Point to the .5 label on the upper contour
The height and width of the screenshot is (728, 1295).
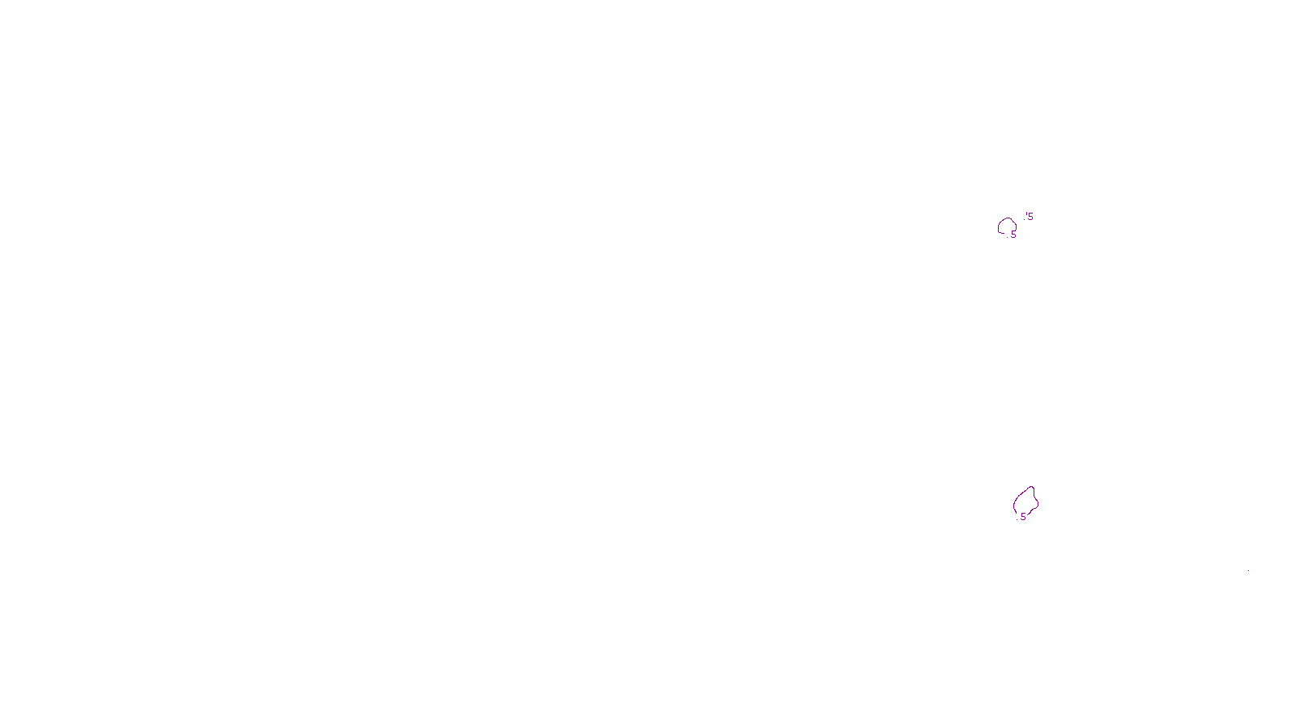point(1012,235)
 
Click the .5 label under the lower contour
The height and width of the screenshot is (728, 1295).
point(1022,517)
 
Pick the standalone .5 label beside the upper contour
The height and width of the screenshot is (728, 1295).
point(1029,217)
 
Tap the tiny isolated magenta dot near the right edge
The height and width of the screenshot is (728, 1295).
point(1248,572)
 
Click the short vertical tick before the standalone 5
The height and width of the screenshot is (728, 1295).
point(1025,214)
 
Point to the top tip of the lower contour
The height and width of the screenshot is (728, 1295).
point(1031,487)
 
